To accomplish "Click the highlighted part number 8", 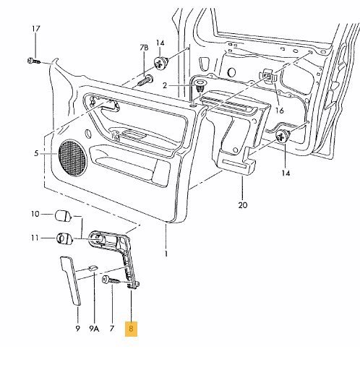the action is click(131, 329).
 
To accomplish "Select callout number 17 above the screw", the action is click(36, 29).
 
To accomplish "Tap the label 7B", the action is click(144, 48).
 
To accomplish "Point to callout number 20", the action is click(243, 205).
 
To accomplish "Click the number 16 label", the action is click(280, 111).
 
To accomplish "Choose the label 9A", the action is click(94, 329).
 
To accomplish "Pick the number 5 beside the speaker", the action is click(36, 153).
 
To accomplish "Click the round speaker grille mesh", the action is click(72, 158).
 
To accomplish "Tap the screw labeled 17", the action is click(34, 61).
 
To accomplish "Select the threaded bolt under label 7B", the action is click(145, 80).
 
